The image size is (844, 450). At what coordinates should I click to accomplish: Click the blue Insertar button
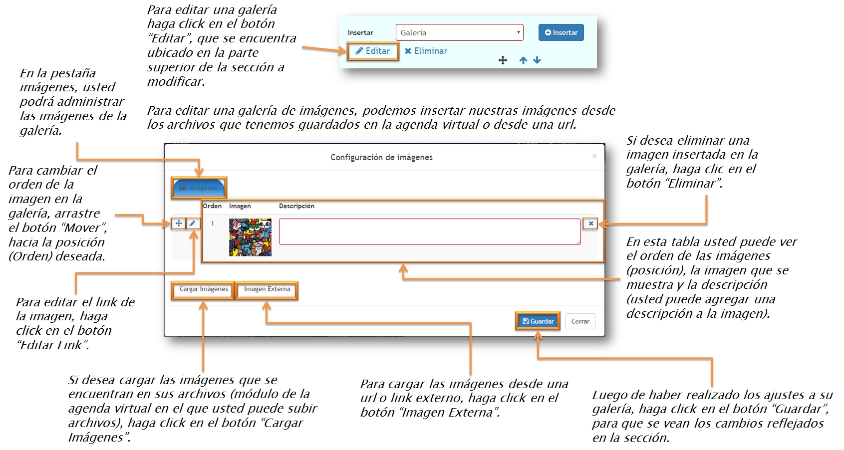point(561,32)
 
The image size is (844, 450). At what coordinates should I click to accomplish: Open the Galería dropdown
point(459,32)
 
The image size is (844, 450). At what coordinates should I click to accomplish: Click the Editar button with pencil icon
point(373,51)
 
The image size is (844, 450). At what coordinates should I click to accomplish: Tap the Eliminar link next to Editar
point(426,51)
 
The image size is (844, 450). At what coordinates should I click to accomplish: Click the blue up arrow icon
point(523,60)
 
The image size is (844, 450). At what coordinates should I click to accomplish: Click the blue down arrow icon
point(537,60)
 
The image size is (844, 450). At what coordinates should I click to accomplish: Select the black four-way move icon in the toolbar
point(503,60)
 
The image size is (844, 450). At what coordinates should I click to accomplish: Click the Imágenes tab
point(199,188)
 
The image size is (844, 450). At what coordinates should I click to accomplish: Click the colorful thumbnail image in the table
point(250,237)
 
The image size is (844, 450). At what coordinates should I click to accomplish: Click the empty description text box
point(429,231)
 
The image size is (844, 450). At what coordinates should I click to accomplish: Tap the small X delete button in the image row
point(590,224)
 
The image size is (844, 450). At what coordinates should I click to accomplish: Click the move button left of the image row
point(178,224)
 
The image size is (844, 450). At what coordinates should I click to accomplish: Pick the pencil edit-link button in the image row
point(193,224)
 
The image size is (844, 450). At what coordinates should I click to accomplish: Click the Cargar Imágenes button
point(203,289)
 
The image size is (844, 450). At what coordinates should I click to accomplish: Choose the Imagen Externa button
point(267,289)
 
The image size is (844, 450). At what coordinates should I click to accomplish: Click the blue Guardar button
point(538,321)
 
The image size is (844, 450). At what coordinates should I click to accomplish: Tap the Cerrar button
point(580,321)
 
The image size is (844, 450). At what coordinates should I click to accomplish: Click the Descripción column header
point(296,206)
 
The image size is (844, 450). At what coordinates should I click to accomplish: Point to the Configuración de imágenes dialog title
point(381,157)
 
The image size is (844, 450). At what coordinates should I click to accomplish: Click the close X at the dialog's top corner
point(594,156)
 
